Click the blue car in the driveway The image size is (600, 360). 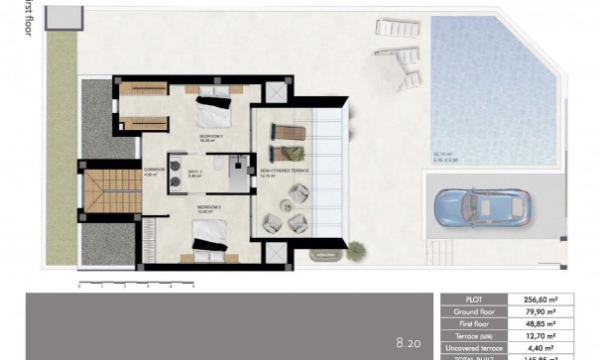[x=484, y=206]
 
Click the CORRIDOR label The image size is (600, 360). [x=152, y=171]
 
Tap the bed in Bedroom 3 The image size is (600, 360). [x=213, y=236]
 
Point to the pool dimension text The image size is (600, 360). [x=445, y=156]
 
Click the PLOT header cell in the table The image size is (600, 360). [x=474, y=299]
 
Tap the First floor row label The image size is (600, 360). [x=474, y=323]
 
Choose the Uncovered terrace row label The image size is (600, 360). [x=474, y=347]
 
